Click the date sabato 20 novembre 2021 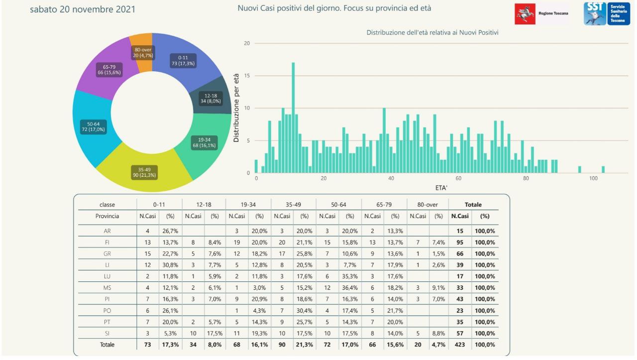point(83,9)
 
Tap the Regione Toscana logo point(541,14)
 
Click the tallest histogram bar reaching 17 point(294,118)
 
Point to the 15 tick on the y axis point(246,76)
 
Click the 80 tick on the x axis point(526,178)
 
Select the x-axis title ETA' point(441,188)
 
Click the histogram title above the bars point(432,32)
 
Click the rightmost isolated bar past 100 point(603,170)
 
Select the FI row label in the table point(107,242)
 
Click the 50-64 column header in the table point(339,205)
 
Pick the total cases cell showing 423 point(460,345)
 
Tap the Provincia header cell point(107,216)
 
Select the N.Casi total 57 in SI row point(460,333)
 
